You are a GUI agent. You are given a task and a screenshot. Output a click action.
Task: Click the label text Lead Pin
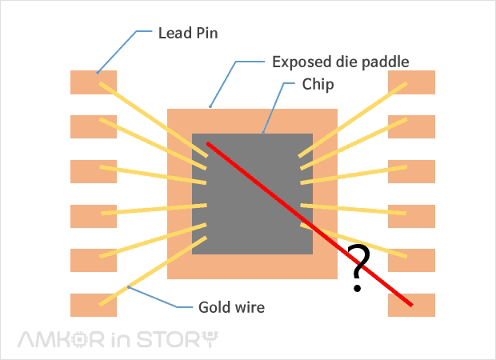coord(188,34)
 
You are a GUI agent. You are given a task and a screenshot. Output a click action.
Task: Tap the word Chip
coord(318,84)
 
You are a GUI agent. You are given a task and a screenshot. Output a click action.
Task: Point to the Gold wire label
coord(230,306)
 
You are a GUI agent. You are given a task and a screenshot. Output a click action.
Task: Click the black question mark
coord(359,268)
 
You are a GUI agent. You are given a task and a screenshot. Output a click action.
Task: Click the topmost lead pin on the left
coord(84,82)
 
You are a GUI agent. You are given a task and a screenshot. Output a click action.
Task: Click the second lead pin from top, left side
coord(84,126)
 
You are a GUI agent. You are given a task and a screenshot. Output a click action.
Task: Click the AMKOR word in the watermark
coord(61,339)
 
